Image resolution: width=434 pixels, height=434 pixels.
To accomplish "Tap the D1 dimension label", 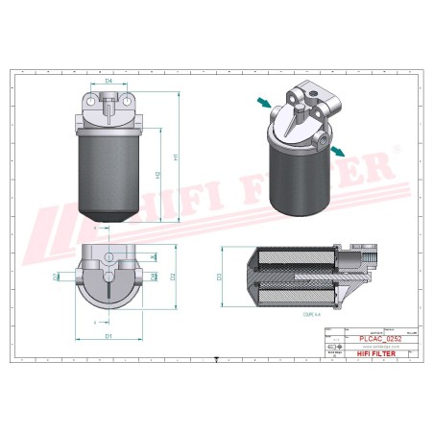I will (109, 336).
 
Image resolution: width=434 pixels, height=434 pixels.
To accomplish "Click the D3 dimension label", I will (219, 277).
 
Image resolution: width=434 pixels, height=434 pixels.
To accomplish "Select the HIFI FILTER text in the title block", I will (374, 354).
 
